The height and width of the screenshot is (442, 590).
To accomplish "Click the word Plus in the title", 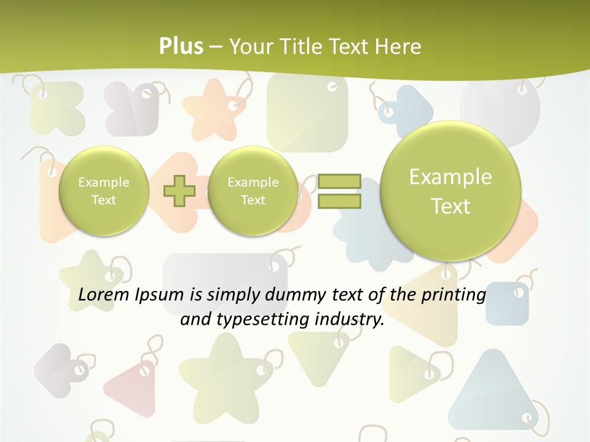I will [x=181, y=46].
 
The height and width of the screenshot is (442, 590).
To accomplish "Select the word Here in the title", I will [x=398, y=47].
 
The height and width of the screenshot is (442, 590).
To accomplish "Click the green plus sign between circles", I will [x=179, y=191].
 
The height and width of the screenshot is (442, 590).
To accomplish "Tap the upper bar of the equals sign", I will [x=339, y=181].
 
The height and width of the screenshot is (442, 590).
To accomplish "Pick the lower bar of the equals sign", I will [x=339, y=201].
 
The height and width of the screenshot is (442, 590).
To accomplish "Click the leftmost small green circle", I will [x=104, y=191].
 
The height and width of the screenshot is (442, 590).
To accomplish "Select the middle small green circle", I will [x=253, y=191].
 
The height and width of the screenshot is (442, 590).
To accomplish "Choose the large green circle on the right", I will [x=450, y=191].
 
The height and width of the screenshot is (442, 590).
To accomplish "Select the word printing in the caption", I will [x=454, y=295].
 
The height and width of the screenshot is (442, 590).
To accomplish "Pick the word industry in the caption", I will [x=348, y=320].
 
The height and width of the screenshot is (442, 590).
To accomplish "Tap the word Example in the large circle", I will [x=450, y=177].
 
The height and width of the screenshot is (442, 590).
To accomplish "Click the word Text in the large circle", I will [x=450, y=206].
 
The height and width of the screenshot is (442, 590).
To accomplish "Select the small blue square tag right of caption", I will [x=507, y=304].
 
